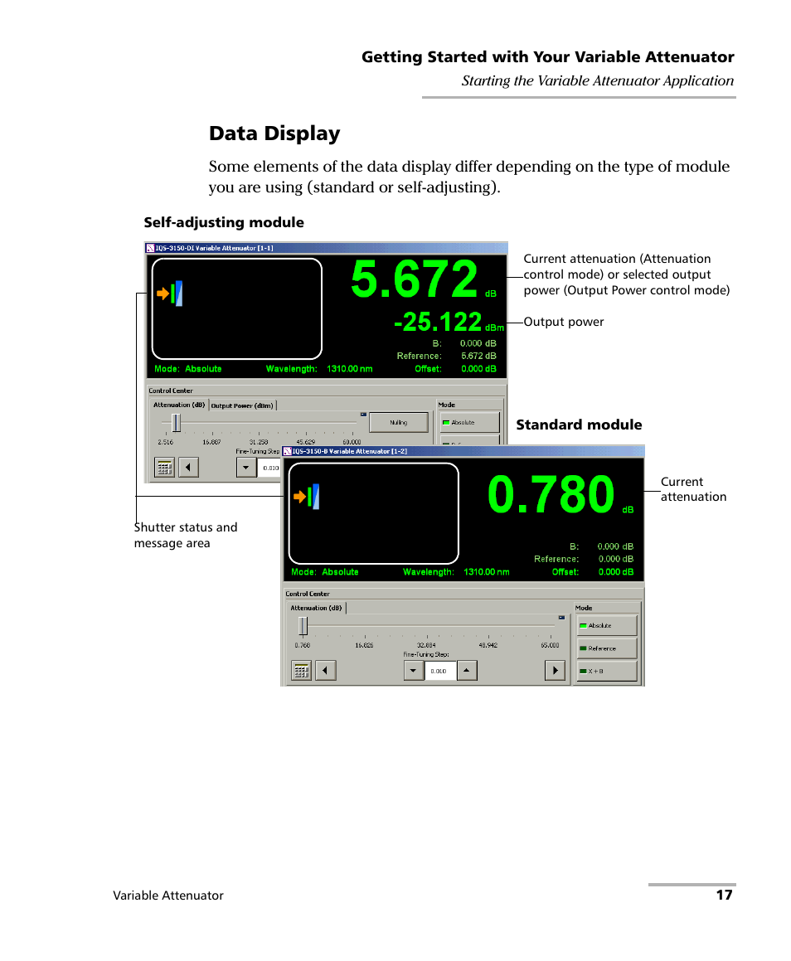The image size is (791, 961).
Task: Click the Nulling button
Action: click(398, 422)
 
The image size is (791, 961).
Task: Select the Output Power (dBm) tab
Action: click(242, 405)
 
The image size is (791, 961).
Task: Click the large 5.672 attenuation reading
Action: click(414, 279)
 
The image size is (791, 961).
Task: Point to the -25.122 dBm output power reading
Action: click(437, 322)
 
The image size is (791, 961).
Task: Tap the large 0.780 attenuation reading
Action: click(551, 495)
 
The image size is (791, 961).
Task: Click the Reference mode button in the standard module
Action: click(607, 648)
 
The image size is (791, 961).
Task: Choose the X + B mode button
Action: click(607, 671)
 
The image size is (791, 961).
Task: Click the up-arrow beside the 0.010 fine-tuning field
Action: click(467, 671)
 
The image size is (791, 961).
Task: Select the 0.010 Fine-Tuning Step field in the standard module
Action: click(440, 671)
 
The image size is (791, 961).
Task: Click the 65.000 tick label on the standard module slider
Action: click(550, 644)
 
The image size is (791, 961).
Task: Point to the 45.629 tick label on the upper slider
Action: click(306, 442)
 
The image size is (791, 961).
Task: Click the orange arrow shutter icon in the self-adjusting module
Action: click(163, 294)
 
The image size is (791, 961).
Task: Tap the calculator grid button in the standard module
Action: click(301, 671)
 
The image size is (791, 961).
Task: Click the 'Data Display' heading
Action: click(274, 133)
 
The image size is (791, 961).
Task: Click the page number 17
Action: click(724, 895)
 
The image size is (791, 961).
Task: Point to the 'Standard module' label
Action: click(579, 425)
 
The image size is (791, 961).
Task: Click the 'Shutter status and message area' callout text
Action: click(186, 535)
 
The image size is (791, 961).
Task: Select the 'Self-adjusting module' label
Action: click(224, 222)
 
